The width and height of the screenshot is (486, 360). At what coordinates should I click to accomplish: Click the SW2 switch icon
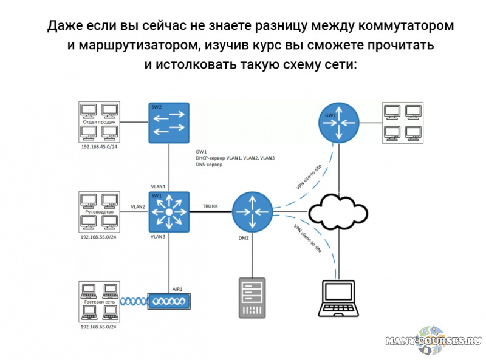pyautogui.click(x=169, y=122)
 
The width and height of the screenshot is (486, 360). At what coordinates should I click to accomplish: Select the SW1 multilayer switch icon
pyautogui.click(x=169, y=212)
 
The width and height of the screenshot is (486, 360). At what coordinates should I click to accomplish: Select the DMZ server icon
pyautogui.click(x=252, y=297)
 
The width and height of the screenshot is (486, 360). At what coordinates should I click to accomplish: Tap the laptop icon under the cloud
pyautogui.click(x=338, y=299)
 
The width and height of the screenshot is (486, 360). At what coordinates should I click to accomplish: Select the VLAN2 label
pyautogui.click(x=137, y=207)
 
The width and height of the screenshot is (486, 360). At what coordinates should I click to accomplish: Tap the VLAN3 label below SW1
pyautogui.click(x=158, y=236)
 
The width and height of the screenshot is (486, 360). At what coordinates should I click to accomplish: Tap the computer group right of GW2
pyautogui.click(x=402, y=122)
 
